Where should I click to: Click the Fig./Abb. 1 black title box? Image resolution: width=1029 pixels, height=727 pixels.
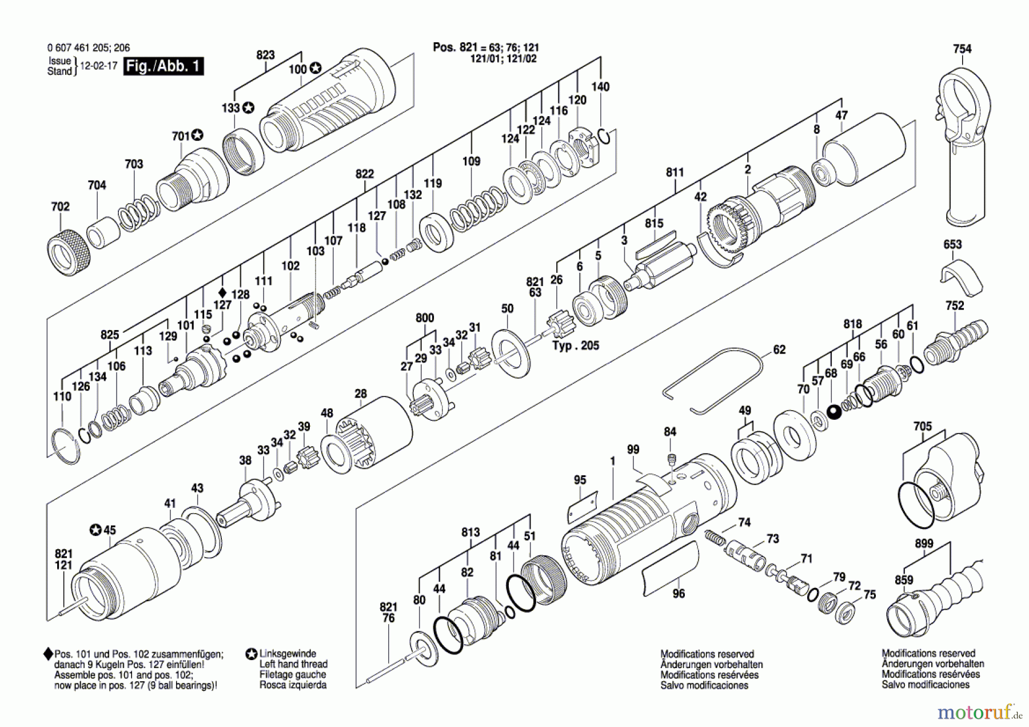[x=163, y=66]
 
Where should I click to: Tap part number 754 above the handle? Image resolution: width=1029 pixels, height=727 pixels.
[x=962, y=49]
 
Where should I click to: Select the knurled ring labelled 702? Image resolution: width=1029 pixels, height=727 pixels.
[x=69, y=252]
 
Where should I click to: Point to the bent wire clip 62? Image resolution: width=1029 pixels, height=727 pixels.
[x=713, y=380]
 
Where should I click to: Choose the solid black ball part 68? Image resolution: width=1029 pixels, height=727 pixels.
[x=834, y=411]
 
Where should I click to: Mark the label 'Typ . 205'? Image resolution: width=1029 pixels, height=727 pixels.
[x=576, y=345]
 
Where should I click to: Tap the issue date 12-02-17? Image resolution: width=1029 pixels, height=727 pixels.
[x=98, y=66]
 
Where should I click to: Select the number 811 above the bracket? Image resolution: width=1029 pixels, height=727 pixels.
[x=675, y=172]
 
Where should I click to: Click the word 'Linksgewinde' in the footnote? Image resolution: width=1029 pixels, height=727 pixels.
[x=288, y=653]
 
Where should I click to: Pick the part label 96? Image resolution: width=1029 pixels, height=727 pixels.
[x=679, y=594]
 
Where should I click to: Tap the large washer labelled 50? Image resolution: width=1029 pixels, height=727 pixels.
[x=510, y=352]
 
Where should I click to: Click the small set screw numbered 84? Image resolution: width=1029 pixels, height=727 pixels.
[x=673, y=459]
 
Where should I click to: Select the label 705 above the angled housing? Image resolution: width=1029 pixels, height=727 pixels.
[x=922, y=426]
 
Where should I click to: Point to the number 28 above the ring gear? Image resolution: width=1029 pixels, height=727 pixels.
[x=360, y=394]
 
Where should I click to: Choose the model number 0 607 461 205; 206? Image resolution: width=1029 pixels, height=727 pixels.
[x=89, y=48]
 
